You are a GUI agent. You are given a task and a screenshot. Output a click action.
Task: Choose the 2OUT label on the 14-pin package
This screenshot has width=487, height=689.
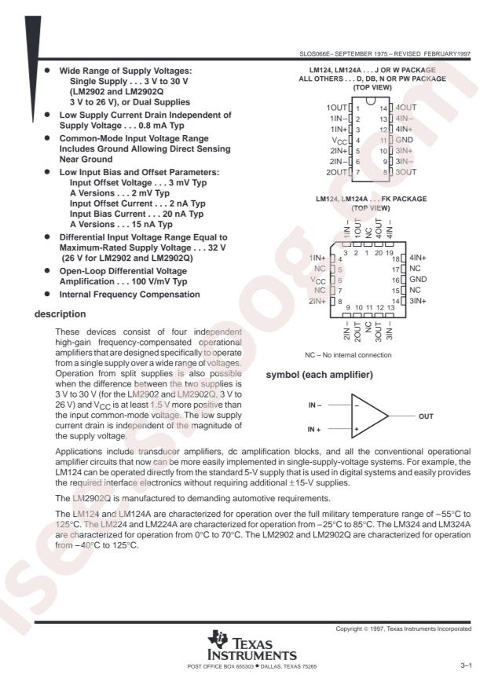[338, 171]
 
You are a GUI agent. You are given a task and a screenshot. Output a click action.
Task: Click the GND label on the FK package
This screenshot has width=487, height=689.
[419, 279]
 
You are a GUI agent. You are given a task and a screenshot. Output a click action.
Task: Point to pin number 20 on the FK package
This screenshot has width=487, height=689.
[379, 252]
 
